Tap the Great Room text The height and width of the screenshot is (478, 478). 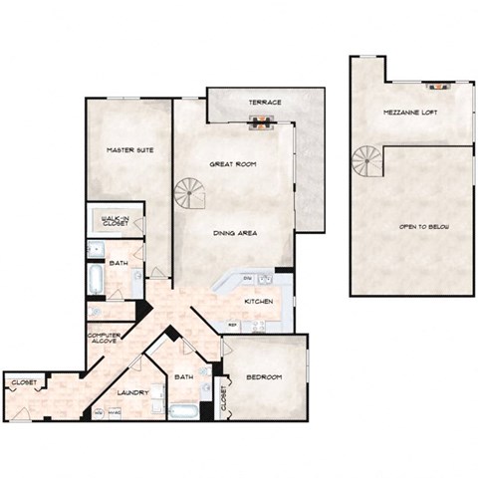click(x=234, y=163)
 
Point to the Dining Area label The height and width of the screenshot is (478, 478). click(x=236, y=232)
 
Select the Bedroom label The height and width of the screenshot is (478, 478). click(x=264, y=377)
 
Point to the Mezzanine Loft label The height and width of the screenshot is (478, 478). click(x=410, y=114)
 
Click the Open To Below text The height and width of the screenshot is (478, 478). click(x=424, y=228)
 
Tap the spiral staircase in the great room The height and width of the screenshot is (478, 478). click(x=189, y=193)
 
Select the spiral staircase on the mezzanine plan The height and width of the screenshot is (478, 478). click(x=366, y=161)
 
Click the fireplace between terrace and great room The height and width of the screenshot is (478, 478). click(x=259, y=123)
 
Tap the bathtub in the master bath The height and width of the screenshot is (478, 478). click(x=95, y=278)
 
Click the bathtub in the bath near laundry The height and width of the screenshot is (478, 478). click(x=185, y=409)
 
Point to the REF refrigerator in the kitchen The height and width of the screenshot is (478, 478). click(x=232, y=325)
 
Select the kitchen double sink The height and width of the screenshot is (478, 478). click(x=265, y=280)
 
